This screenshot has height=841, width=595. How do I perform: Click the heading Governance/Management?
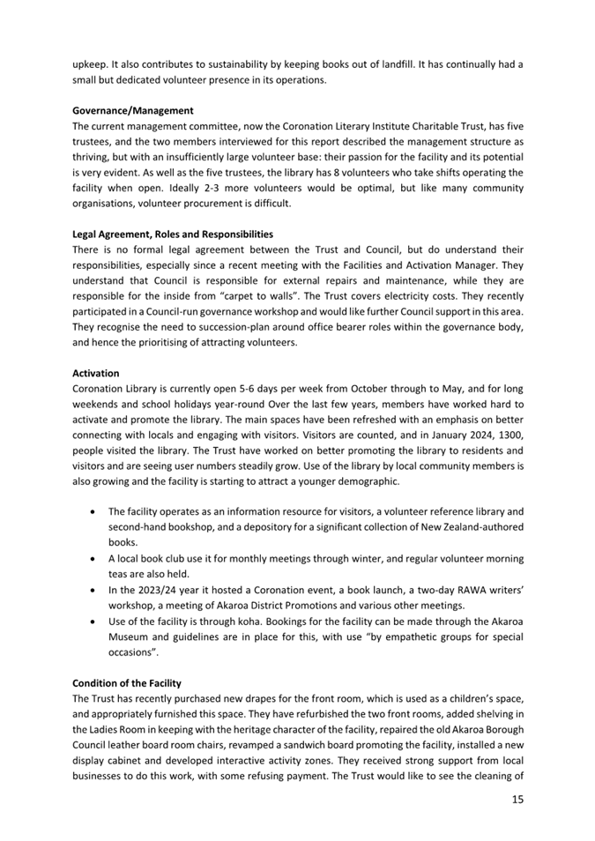pos(132,110)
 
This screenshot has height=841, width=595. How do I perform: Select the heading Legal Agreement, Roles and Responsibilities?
pos(173,234)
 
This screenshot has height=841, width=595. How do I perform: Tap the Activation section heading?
pos(95,373)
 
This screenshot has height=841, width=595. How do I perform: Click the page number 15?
pos(516,799)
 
